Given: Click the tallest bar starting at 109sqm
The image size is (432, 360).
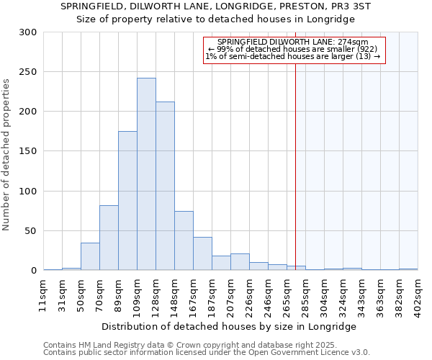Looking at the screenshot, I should pos(146,174).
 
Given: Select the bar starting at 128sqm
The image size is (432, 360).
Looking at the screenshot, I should pos(165,186).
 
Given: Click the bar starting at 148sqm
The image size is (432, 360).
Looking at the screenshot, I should pos(184,240).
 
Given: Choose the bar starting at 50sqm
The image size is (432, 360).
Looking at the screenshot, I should pos(90,256).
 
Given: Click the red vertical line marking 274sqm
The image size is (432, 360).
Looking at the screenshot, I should pos(296,158).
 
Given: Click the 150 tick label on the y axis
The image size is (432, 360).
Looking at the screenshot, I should pos(28,151).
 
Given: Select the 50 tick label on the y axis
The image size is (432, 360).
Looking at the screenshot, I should pos(31,231).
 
